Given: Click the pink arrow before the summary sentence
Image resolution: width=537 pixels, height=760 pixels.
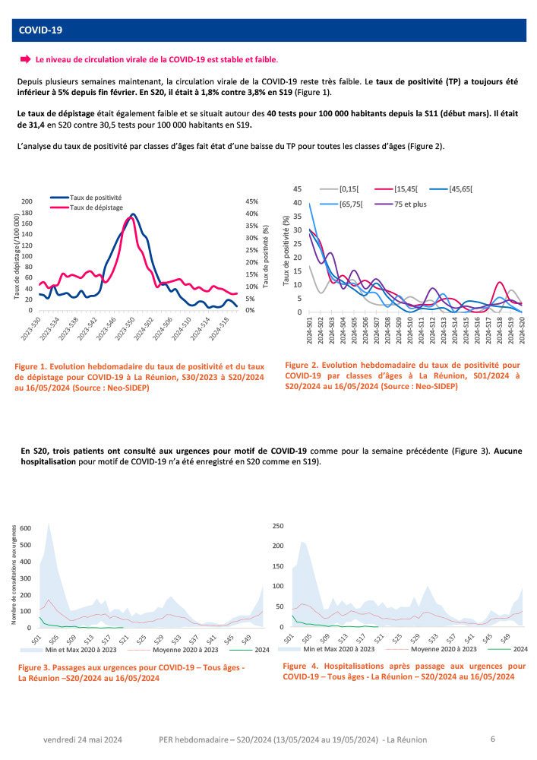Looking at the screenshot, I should click(24, 59).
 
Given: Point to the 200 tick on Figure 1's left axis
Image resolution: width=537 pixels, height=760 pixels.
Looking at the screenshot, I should click(27, 201).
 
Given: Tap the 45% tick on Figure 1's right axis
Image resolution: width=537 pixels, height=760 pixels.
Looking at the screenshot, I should click(251, 201).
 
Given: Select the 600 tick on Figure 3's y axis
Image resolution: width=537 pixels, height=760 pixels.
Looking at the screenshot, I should click(27, 527).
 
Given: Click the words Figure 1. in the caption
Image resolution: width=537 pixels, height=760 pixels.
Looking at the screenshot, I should click(33, 368).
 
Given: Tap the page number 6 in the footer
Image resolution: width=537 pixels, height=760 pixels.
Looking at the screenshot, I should click(492, 738).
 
